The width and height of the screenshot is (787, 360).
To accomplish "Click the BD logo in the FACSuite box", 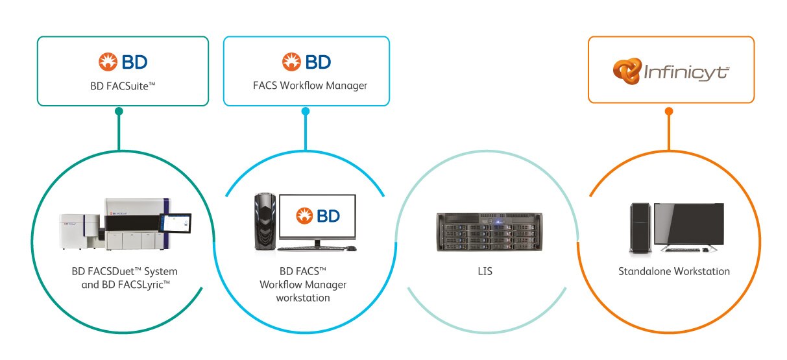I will point(123,62).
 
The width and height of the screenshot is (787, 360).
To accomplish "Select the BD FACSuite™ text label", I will point(123,85).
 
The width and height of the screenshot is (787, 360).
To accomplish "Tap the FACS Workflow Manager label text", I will point(306,85).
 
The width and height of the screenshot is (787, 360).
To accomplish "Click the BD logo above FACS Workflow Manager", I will point(306,62).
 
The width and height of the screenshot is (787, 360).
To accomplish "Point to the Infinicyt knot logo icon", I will point(626,71).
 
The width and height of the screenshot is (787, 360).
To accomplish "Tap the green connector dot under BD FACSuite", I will point(119,111).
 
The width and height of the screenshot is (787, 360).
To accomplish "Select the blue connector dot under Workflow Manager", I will point(306,111).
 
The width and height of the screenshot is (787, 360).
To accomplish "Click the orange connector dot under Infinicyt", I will point(669,111).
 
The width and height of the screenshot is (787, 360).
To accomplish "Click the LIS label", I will point(485,271).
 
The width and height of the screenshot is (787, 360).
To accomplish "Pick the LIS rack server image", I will point(485,230).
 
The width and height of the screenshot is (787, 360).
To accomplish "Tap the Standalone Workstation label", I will point(674,271).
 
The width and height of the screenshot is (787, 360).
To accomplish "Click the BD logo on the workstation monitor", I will point(317,216).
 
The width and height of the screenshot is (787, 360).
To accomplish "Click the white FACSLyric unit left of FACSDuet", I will point(80,230).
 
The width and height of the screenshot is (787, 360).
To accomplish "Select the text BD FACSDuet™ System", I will point(125,271).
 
